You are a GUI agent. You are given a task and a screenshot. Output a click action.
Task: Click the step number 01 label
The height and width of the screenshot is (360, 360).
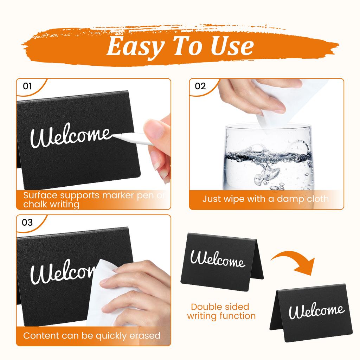27,86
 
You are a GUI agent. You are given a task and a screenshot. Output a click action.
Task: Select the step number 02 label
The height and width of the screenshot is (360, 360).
200,86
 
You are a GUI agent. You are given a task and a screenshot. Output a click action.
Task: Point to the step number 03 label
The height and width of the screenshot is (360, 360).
27,223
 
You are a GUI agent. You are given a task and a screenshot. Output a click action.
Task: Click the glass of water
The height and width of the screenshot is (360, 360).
267,156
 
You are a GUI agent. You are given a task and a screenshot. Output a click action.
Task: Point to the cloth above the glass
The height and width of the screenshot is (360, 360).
278,105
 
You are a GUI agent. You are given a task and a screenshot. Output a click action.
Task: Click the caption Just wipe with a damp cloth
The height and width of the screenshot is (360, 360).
265,199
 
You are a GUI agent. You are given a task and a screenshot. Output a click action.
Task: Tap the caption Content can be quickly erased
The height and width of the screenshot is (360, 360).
92,335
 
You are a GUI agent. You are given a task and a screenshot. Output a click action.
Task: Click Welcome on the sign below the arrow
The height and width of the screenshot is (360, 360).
316,311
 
